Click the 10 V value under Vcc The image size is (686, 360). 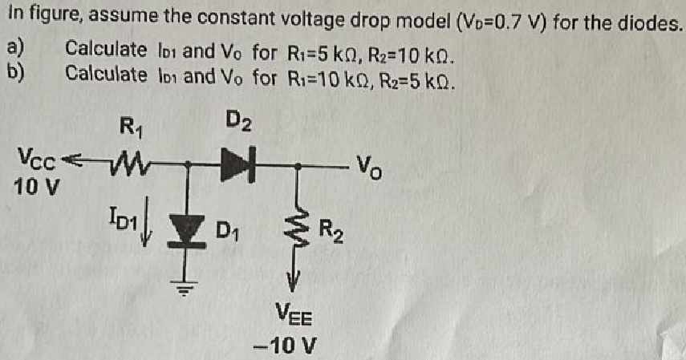click(34, 190)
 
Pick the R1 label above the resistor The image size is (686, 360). click(128, 126)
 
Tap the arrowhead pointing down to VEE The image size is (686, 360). click(298, 281)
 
